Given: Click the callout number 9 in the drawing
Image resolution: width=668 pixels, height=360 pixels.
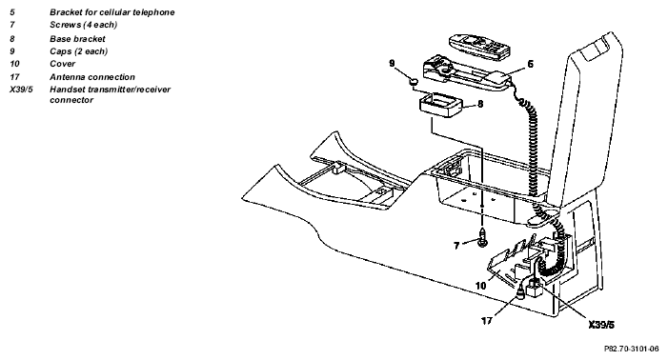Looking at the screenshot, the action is [x=392, y=64].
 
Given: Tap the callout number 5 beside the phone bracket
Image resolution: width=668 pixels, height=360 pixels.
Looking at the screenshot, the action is [x=531, y=64].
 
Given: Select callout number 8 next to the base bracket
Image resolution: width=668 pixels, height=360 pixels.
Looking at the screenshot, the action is [x=480, y=104].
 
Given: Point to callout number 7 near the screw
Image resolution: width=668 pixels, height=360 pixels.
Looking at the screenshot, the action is [x=456, y=246].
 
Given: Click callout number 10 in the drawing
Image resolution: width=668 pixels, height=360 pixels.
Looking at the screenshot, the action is [x=480, y=286].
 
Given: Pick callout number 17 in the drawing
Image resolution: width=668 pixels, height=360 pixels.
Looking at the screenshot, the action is [x=487, y=320].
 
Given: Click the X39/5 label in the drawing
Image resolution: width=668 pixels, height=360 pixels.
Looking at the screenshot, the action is [x=601, y=325].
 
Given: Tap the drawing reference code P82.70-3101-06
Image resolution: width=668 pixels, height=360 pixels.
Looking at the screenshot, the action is [x=632, y=349].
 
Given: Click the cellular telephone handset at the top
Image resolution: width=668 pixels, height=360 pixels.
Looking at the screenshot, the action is [x=479, y=46].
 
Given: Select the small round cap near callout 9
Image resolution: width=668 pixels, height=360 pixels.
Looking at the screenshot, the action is [x=414, y=81].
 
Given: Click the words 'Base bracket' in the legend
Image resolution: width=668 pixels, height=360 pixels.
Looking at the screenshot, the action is [x=77, y=39].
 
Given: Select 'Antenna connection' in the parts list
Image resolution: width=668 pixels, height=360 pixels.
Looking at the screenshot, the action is [x=92, y=77].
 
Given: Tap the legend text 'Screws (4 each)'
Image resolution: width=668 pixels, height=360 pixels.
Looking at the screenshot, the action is [x=84, y=25].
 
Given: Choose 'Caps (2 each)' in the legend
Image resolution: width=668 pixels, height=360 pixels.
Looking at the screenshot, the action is [x=79, y=51].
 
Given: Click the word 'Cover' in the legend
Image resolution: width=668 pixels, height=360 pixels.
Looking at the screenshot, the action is [x=63, y=64].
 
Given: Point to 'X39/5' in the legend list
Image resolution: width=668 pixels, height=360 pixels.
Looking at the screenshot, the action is [x=21, y=90].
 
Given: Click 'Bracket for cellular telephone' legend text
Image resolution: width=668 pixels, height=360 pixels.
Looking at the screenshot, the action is [x=112, y=12].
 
